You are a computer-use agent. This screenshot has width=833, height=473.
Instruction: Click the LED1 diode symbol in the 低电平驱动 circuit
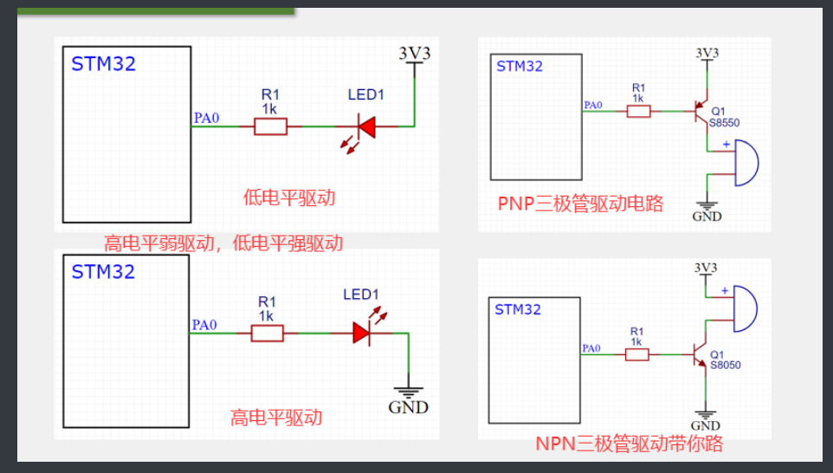click(366, 127)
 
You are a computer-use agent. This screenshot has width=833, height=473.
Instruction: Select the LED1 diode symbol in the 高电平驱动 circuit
click(362, 334)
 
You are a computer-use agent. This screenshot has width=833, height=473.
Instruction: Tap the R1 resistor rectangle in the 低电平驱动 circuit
click(270, 127)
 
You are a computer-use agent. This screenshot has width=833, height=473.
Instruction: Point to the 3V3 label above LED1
click(414, 53)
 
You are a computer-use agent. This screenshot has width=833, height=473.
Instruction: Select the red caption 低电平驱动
click(289, 198)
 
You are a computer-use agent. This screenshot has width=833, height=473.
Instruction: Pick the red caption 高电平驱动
click(276, 417)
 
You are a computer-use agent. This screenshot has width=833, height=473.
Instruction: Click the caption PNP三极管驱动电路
click(580, 204)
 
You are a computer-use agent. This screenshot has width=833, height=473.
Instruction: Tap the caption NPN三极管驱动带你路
click(629, 444)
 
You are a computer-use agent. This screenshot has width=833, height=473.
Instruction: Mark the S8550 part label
click(725, 123)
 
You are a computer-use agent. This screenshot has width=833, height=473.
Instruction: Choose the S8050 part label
click(725, 366)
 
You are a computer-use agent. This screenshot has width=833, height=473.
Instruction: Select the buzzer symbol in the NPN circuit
click(744, 308)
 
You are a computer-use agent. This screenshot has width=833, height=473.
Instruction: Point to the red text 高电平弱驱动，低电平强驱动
click(223, 243)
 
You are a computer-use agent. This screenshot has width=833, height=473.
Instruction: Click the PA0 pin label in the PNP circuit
click(593, 106)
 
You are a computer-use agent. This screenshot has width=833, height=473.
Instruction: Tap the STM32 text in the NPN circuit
click(518, 309)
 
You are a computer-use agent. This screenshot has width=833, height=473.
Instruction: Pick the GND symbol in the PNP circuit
click(707, 210)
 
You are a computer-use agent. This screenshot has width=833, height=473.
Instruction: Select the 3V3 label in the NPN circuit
click(707, 267)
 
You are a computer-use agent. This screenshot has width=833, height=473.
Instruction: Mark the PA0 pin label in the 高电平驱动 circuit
click(204, 326)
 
